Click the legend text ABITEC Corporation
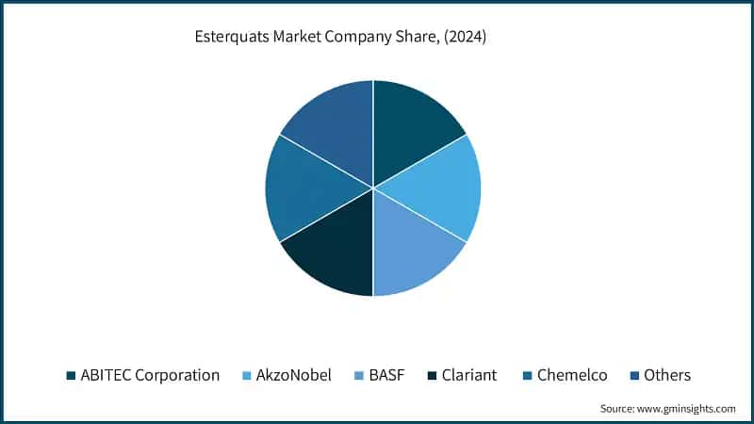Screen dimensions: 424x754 pyautogui.click(x=151, y=375)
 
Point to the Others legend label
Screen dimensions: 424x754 pyautogui.click(x=666, y=375)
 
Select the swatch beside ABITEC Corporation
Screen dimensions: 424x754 pyautogui.click(x=72, y=376)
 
